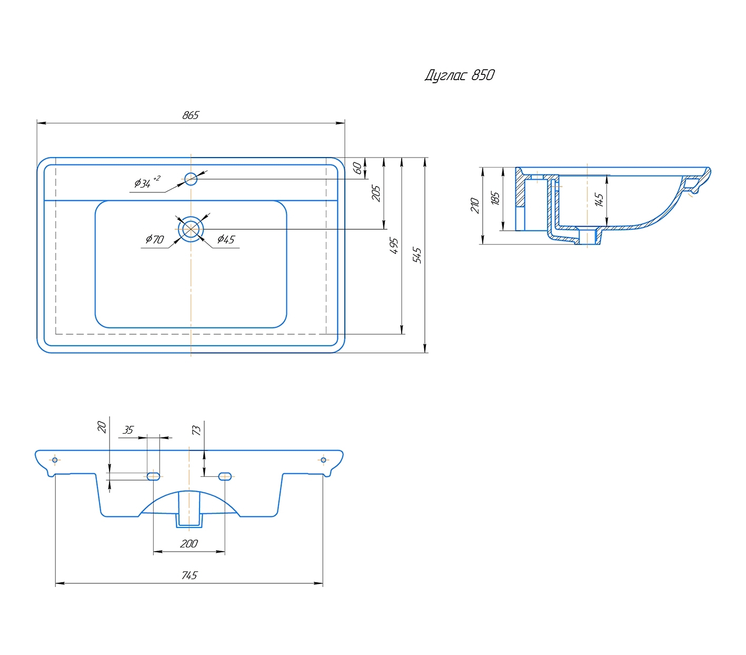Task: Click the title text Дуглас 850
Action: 460,75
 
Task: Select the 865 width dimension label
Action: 191,115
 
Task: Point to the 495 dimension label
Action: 394,246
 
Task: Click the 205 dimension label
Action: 376,193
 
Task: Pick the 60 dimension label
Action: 357,168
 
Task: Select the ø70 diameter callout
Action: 155,239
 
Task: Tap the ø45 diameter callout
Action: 226,239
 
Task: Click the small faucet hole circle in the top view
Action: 191,179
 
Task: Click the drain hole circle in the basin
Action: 191,229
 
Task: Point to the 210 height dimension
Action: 475,205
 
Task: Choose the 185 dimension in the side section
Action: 495,199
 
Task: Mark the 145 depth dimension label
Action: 599,200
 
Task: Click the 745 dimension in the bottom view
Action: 189,575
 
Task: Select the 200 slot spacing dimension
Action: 189,543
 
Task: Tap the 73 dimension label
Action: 196,431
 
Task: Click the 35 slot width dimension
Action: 128,430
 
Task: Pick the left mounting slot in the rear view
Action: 153,476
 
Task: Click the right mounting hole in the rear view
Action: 323,460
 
